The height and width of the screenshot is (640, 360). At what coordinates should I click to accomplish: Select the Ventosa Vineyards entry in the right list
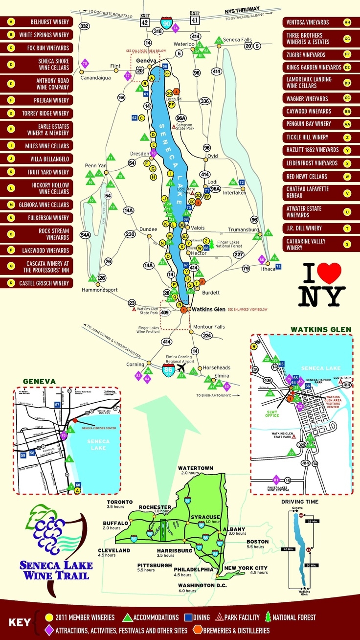point(313,23)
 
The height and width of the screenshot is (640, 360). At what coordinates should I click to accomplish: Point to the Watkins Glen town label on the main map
point(208,310)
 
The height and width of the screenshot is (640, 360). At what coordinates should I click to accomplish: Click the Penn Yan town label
point(92,165)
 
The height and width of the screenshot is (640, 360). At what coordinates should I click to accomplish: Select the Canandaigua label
point(95,78)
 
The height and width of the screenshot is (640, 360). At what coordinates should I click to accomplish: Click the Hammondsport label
point(100,290)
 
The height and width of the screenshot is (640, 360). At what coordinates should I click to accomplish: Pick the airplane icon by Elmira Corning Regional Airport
point(182,367)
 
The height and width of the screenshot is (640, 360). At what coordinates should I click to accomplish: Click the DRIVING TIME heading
point(300,502)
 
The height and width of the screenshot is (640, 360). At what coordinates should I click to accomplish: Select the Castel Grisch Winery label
point(44,283)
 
